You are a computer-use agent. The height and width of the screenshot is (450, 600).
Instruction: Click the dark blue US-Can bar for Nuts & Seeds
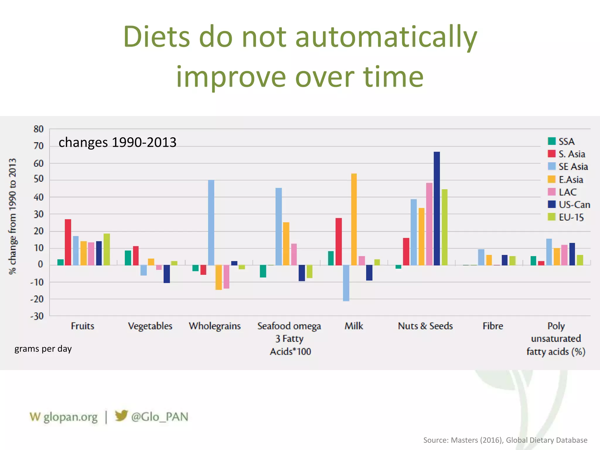[x=437, y=208]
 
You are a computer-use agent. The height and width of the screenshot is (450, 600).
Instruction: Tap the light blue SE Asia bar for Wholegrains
[x=211, y=222]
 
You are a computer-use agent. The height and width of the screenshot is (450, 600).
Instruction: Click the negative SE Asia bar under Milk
[x=346, y=283]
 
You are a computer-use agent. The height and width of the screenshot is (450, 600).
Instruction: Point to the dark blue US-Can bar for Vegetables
[x=167, y=274]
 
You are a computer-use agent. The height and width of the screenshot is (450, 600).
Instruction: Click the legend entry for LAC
[x=567, y=192]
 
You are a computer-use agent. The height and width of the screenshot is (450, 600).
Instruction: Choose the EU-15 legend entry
[x=571, y=217]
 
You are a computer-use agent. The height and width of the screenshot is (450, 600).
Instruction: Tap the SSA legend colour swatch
[x=552, y=141]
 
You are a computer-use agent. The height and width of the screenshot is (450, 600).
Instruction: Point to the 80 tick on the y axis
[x=38, y=129]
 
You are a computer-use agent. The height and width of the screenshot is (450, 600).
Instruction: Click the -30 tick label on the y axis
[x=37, y=316]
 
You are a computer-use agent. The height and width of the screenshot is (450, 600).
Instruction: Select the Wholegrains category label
[x=215, y=326]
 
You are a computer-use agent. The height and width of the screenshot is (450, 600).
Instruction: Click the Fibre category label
[x=493, y=326]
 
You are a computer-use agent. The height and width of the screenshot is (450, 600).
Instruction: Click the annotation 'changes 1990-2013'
[x=117, y=142]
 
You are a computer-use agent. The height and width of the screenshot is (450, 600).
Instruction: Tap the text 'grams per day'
[x=43, y=349]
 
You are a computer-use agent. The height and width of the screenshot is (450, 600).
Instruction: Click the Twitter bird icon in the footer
[x=121, y=416]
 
